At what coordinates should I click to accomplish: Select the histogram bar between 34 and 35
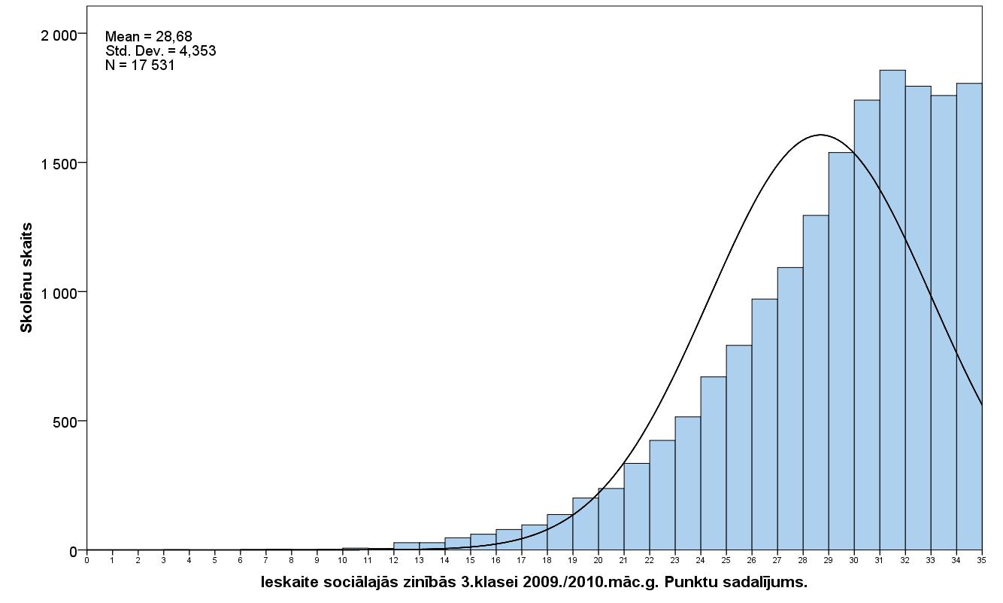tap(969, 316)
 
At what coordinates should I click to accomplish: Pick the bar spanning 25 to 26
tap(739, 447)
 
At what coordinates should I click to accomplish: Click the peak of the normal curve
tap(820, 136)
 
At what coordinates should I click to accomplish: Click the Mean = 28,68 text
tap(149, 36)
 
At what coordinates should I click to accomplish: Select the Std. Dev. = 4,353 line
tap(161, 50)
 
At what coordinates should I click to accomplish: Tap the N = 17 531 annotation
tap(140, 65)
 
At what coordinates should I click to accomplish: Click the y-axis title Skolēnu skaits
tap(27, 277)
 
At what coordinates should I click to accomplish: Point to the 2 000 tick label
tap(58, 35)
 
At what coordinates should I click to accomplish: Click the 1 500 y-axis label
tap(58, 163)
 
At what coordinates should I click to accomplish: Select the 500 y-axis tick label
tap(63, 422)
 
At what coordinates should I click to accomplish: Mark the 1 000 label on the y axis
tap(58, 293)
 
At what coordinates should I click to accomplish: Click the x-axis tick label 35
tap(982, 559)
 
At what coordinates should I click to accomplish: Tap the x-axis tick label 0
tap(87, 559)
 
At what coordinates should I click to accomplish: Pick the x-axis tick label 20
tap(598, 559)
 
